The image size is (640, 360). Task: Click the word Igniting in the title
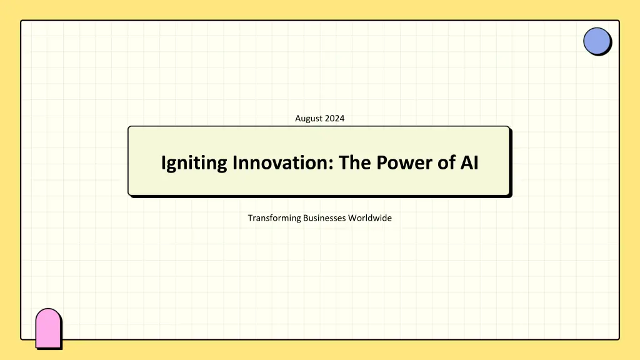[194, 163]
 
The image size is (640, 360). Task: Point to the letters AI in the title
[469, 162]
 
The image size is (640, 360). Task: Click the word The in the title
[355, 162]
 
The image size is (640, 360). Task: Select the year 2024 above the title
[335, 118]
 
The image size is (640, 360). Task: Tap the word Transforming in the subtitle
[274, 218]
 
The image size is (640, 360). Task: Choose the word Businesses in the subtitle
[324, 218]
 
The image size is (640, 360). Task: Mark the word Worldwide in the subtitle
[370, 218]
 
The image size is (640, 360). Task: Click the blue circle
[597, 41]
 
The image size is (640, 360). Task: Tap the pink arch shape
[49, 329]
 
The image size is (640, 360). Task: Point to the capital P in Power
[382, 162]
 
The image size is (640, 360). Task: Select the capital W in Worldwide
[352, 218]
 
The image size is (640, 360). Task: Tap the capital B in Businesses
[306, 218]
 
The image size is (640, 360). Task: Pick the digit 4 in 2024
[342, 118]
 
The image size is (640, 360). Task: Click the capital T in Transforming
[250, 218]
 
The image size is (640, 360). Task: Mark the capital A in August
[298, 118]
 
